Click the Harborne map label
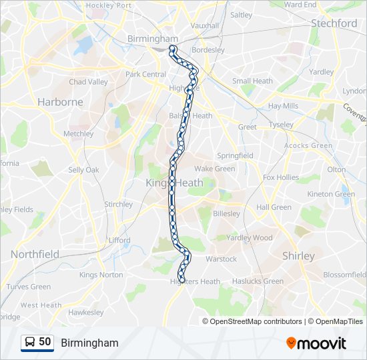tap(60, 102)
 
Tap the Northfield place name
tap(34, 254)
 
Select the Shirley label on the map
tap(298, 255)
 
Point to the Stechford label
tap(334, 23)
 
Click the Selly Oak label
tap(83, 170)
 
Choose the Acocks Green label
tap(308, 146)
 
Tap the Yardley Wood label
tap(250, 238)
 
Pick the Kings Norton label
tap(101, 275)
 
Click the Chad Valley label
tap(88, 82)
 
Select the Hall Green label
tap(274, 207)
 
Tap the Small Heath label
tap(252, 81)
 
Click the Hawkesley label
tap(85, 312)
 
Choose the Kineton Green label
tap(331, 195)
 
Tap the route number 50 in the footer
tap(45, 342)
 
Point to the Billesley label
tap(226, 214)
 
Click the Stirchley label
tap(118, 205)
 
